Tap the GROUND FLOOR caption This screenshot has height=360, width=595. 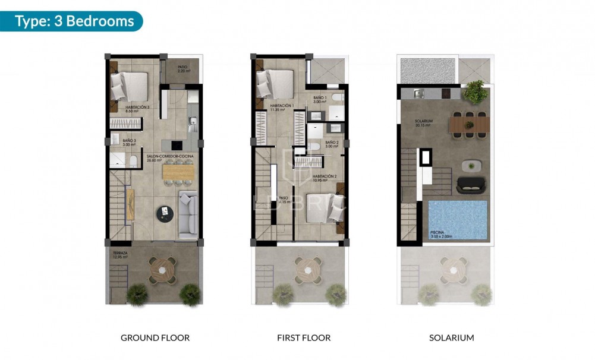click(x=155, y=338)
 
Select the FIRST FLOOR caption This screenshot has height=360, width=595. click(x=304, y=338)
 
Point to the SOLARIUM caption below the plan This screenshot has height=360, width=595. click(x=452, y=338)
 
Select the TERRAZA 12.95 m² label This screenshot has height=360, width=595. click(x=122, y=254)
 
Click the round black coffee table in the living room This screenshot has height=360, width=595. click(x=165, y=212)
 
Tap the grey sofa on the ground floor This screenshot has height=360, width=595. click(x=188, y=215)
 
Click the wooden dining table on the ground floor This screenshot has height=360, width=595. click(x=178, y=172)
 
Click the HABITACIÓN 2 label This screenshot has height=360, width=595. click(x=325, y=178)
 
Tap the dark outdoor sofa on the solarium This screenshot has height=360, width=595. click(x=472, y=187)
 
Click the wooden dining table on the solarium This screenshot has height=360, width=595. click(x=470, y=125)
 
